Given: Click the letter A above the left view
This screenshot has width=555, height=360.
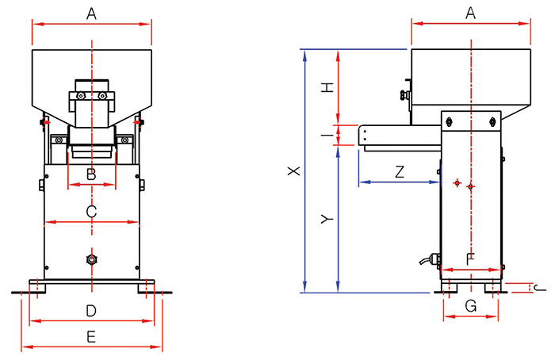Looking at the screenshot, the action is [x=91, y=13].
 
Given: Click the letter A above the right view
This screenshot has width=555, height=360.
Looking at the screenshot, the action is [x=470, y=13].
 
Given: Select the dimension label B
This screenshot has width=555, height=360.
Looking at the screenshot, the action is [x=91, y=174].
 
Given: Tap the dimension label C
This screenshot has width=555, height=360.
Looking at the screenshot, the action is [x=91, y=212].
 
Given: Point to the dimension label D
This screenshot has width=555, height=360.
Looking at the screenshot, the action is [x=91, y=311].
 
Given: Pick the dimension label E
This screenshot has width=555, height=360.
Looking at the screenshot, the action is [x=91, y=337].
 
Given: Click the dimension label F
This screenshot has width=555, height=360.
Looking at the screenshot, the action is [x=470, y=259].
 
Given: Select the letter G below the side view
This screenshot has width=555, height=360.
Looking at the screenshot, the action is [x=471, y=306].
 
